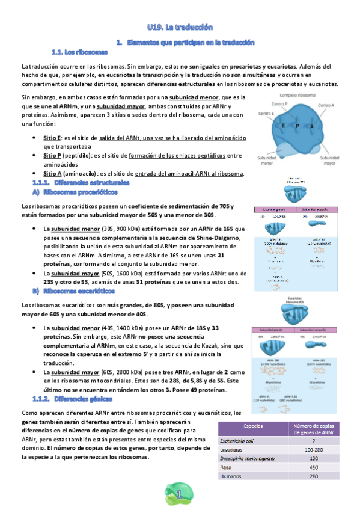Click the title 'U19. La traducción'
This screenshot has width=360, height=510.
click(180, 28)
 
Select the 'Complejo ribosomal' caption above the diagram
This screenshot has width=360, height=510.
click(299, 95)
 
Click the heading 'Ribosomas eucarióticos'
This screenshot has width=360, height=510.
click(79, 292)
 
